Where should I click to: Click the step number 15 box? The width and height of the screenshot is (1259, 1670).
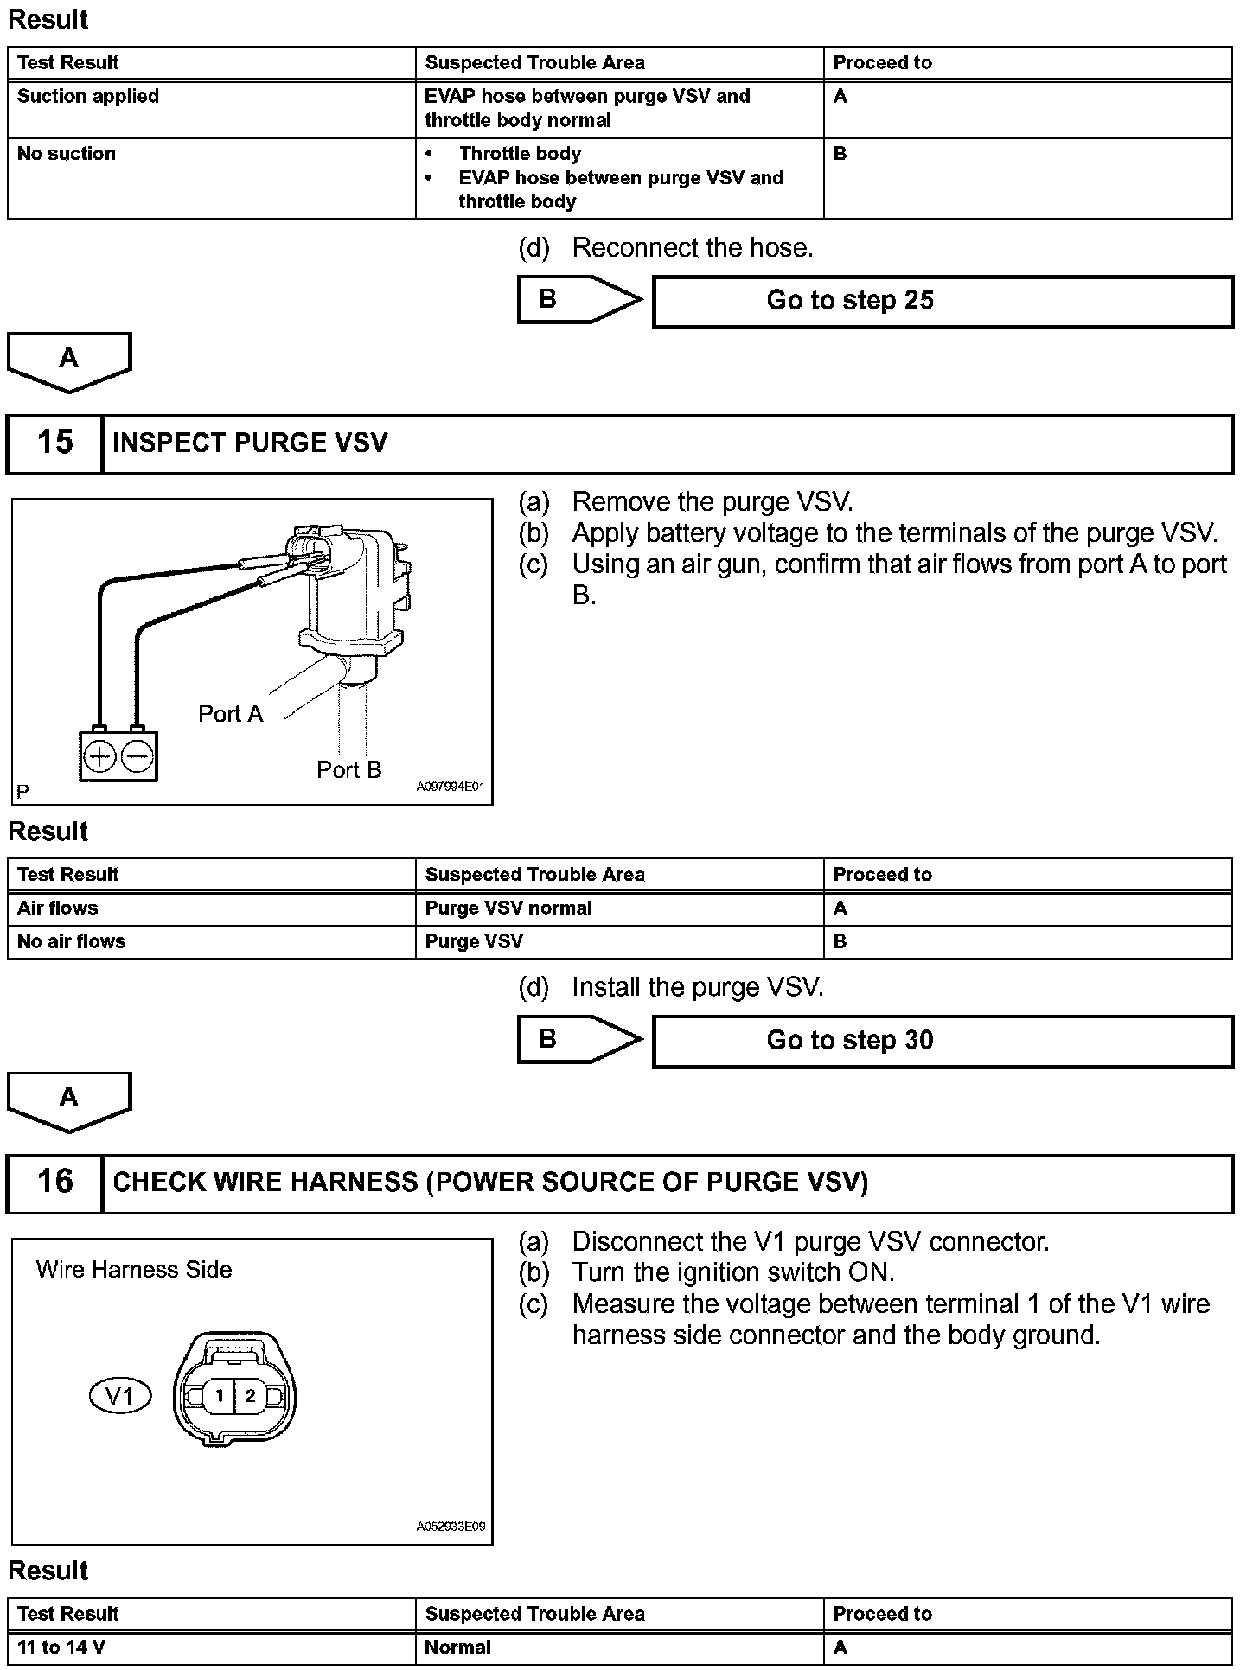point(54,443)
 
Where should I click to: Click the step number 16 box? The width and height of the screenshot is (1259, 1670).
point(54,1182)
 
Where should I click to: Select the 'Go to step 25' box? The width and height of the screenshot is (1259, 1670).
point(943,301)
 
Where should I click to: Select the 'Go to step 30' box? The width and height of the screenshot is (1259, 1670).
point(943,1041)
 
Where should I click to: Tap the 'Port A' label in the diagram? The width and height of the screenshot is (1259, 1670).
point(230,714)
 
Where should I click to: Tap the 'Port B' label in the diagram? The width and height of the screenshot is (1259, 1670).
point(348,769)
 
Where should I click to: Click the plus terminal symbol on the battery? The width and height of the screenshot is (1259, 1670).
point(99,757)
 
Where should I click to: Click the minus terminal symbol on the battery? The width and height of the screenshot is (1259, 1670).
point(137,757)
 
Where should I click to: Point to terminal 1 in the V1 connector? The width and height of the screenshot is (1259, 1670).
point(220,1395)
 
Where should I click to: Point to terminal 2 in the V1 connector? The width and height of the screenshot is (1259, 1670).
point(251,1395)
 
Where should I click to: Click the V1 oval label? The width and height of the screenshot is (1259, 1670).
point(120,1395)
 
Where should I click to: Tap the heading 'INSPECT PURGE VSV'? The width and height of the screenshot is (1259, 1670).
point(250,443)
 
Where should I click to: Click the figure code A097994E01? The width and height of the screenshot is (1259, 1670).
point(451,787)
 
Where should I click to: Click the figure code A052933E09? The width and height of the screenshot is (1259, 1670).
point(451,1527)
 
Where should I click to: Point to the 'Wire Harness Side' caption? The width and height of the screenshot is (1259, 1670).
point(134,1270)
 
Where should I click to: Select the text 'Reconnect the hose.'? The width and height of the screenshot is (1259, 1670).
point(693,248)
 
